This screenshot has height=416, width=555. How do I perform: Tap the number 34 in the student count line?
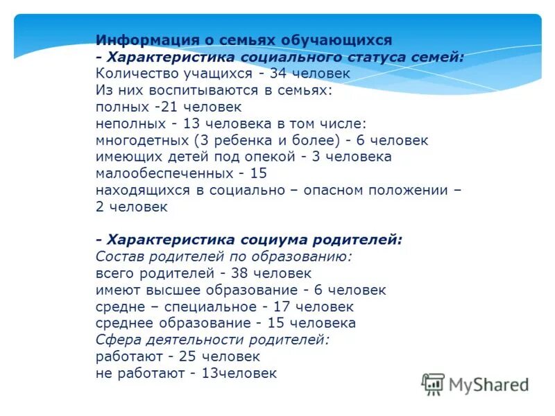click(280, 73)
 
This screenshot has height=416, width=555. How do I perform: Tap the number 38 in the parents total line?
click(248, 273)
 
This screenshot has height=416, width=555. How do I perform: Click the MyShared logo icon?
click(433, 384)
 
